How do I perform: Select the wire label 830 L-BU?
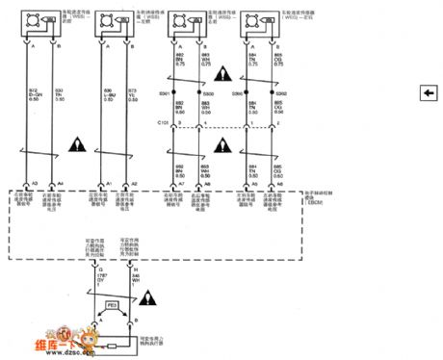[x=109, y=93]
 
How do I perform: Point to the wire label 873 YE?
[x=134, y=93]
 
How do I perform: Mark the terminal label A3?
[x=35, y=183]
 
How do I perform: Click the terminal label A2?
[x=134, y=183]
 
